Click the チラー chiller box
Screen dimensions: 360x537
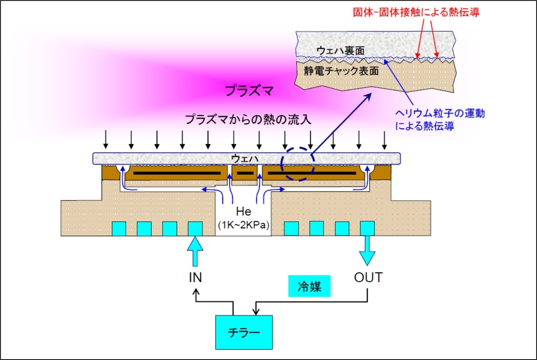pos(244,332)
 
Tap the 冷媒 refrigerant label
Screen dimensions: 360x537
pos(309,287)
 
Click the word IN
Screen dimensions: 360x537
pos(195,278)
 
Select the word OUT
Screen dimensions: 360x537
pos(368,277)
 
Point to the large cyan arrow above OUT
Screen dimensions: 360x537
pos(367,250)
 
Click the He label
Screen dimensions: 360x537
pos(243,211)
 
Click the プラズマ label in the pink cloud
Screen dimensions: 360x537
pos(249,91)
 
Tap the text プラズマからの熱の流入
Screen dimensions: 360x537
pos(248,119)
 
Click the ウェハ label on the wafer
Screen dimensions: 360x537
pos(245,158)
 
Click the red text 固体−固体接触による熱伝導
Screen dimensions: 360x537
pos(416,12)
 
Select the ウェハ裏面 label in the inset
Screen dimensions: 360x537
pos(340,50)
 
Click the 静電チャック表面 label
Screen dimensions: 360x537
pos(341,71)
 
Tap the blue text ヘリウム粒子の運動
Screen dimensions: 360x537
pos(440,113)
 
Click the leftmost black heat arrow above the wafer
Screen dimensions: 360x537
pos(106,140)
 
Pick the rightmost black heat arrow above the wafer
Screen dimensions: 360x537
pos(385,140)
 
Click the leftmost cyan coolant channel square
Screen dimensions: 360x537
pos(119,229)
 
